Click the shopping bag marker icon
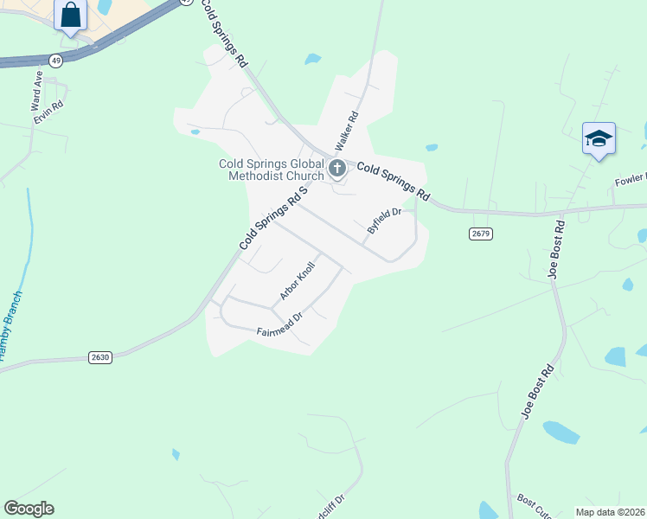[x=71, y=16]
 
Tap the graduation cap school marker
[x=599, y=138]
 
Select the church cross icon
[x=337, y=168]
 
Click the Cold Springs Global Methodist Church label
[x=271, y=170]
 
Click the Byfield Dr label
[x=385, y=220]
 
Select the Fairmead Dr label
[x=279, y=325]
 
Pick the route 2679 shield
[x=481, y=234]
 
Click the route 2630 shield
[x=100, y=356]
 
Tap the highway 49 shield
[x=56, y=60]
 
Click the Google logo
[x=29, y=509]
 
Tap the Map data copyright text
[x=610, y=512]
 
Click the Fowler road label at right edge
[x=630, y=180]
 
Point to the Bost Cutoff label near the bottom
[x=534, y=506]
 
